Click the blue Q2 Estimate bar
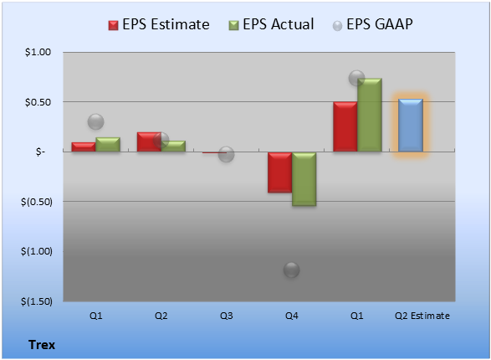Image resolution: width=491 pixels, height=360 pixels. point(411,126)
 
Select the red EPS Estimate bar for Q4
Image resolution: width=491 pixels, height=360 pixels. point(279,172)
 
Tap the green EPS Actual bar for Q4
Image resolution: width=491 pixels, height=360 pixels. point(304,179)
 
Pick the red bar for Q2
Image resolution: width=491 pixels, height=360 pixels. point(149,142)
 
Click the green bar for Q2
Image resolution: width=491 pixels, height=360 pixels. point(173,147)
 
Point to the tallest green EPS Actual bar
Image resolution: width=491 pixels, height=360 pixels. point(370,115)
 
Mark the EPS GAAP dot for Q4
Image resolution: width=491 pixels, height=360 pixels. point(292,270)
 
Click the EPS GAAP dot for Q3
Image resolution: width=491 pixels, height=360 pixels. point(226,154)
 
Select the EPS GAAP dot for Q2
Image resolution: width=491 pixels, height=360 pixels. point(161,140)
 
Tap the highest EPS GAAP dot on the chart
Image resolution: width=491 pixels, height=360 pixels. point(356,78)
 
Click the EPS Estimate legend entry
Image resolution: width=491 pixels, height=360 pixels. point(159,24)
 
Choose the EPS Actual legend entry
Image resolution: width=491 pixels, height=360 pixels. point(271,24)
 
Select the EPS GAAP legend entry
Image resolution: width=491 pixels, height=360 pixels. point(372,24)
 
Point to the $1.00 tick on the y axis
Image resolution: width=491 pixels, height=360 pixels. point(38,52)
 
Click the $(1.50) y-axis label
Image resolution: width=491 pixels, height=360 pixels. point(37,301)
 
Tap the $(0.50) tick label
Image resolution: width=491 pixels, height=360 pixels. point(37,202)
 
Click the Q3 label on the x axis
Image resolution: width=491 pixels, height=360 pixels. point(227,316)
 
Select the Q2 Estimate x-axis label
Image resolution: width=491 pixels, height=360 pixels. point(422,316)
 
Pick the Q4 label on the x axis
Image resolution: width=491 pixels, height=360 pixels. point(292,316)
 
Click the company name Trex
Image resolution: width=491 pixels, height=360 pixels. point(42,345)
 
